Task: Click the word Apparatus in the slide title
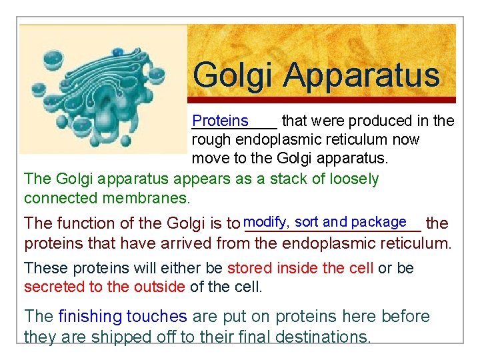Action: [x=363, y=75]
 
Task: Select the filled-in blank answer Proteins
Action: [x=220, y=121]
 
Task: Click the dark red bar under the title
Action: [x=322, y=100]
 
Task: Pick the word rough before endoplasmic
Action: [x=211, y=140]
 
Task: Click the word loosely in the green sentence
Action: [x=353, y=179]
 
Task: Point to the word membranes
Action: [x=149, y=198]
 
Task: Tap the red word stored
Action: [x=250, y=268]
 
